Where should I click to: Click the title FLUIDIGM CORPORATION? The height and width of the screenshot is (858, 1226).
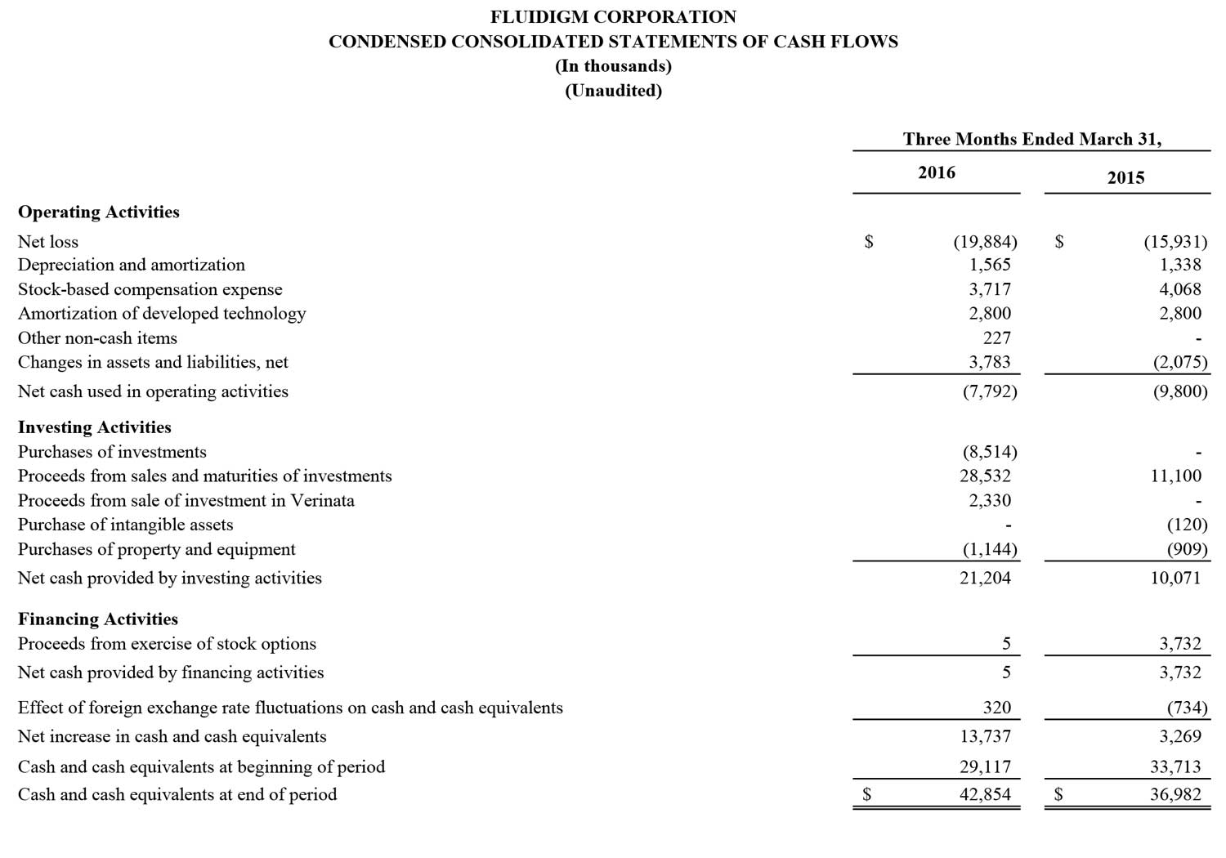tap(613, 17)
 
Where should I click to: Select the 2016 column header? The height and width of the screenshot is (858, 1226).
tap(937, 172)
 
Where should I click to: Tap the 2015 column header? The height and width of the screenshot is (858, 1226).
tap(1125, 177)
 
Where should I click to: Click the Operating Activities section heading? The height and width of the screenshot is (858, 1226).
tap(99, 212)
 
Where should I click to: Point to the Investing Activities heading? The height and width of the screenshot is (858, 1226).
tap(95, 427)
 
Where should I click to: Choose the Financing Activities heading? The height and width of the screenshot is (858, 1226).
tap(98, 619)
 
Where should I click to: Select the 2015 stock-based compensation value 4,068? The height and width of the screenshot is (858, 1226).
tap(1180, 289)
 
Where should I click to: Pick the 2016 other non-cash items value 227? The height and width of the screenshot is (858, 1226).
tap(996, 338)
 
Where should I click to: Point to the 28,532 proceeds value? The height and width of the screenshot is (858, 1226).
tap(985, 476)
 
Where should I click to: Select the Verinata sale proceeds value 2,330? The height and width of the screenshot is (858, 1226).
tap(990, 501)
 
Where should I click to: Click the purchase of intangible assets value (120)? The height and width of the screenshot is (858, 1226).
tap(1187, 525)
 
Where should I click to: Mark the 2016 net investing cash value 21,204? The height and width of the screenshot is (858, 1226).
tap(985, 579)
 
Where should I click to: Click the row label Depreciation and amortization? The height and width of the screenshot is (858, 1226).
tap(132, 266)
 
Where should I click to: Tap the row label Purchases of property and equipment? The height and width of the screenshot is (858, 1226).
tap(157, 550)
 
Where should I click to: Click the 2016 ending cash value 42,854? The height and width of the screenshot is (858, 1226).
tap(985, 794)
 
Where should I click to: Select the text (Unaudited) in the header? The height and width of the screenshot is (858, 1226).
tap(613, 91)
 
